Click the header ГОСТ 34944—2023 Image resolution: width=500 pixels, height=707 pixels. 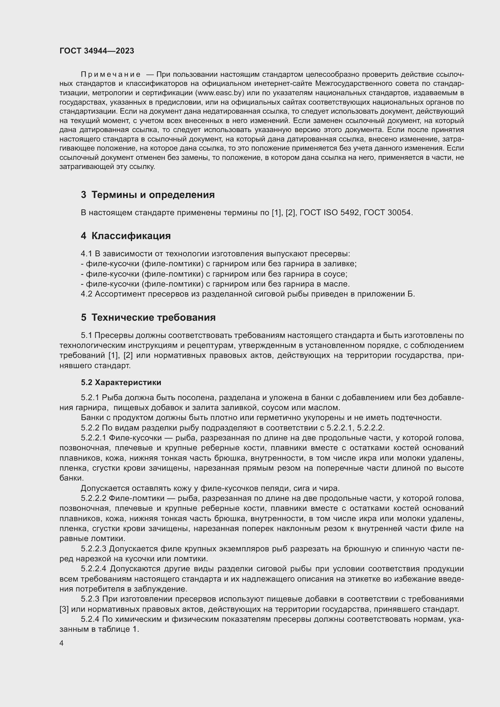tap(97, 51)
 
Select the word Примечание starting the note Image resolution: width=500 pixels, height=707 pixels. tap(111, 75)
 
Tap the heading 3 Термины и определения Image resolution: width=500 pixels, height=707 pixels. tap(148, 195)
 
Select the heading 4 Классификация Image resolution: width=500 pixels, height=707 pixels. tap(126, 236)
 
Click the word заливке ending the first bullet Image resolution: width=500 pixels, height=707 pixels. tap(343, 264)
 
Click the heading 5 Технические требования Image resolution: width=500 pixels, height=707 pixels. tap(148, 317)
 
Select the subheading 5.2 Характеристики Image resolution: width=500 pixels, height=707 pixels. tap(121, 382)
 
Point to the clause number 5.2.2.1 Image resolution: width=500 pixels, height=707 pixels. tap(94, 438)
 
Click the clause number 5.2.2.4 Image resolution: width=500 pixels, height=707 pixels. tap(94, 569)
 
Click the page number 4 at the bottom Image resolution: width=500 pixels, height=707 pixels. tap(61, 644)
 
